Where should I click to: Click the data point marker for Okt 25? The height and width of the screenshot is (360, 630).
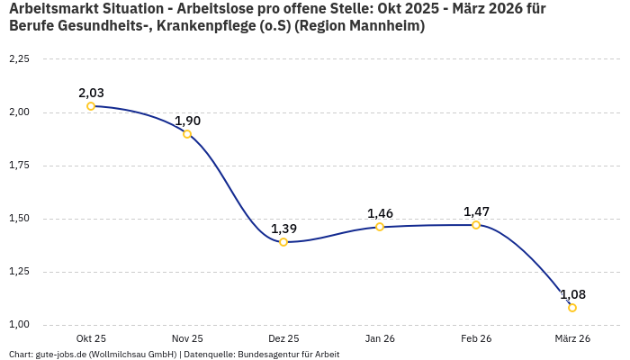pos(91,106)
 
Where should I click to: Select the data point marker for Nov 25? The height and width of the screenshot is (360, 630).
pos(187,134)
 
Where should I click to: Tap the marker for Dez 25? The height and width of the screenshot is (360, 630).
pos(283,242)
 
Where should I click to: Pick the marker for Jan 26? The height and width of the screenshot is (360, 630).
pos(380,227)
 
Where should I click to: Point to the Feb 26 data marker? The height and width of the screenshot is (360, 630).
pos(476,225)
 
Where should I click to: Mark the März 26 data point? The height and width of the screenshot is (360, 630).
pos(572,308)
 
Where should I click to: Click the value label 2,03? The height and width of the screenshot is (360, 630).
pos(91,93)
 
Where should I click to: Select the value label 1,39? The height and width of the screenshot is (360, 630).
pos(283,229)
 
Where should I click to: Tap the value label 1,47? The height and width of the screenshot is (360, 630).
pos(476,211)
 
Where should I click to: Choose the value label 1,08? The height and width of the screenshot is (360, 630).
pos(572,294)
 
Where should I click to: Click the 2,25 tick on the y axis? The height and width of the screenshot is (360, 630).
pos(19,59)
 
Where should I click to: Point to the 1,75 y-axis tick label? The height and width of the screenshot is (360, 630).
pos(19,166)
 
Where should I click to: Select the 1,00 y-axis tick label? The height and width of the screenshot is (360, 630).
pos(19,325)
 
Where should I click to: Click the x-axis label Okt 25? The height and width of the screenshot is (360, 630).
pos(91,338)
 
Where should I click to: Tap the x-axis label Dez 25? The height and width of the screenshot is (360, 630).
pos(283,338)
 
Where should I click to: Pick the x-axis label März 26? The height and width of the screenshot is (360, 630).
pos(572,338)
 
